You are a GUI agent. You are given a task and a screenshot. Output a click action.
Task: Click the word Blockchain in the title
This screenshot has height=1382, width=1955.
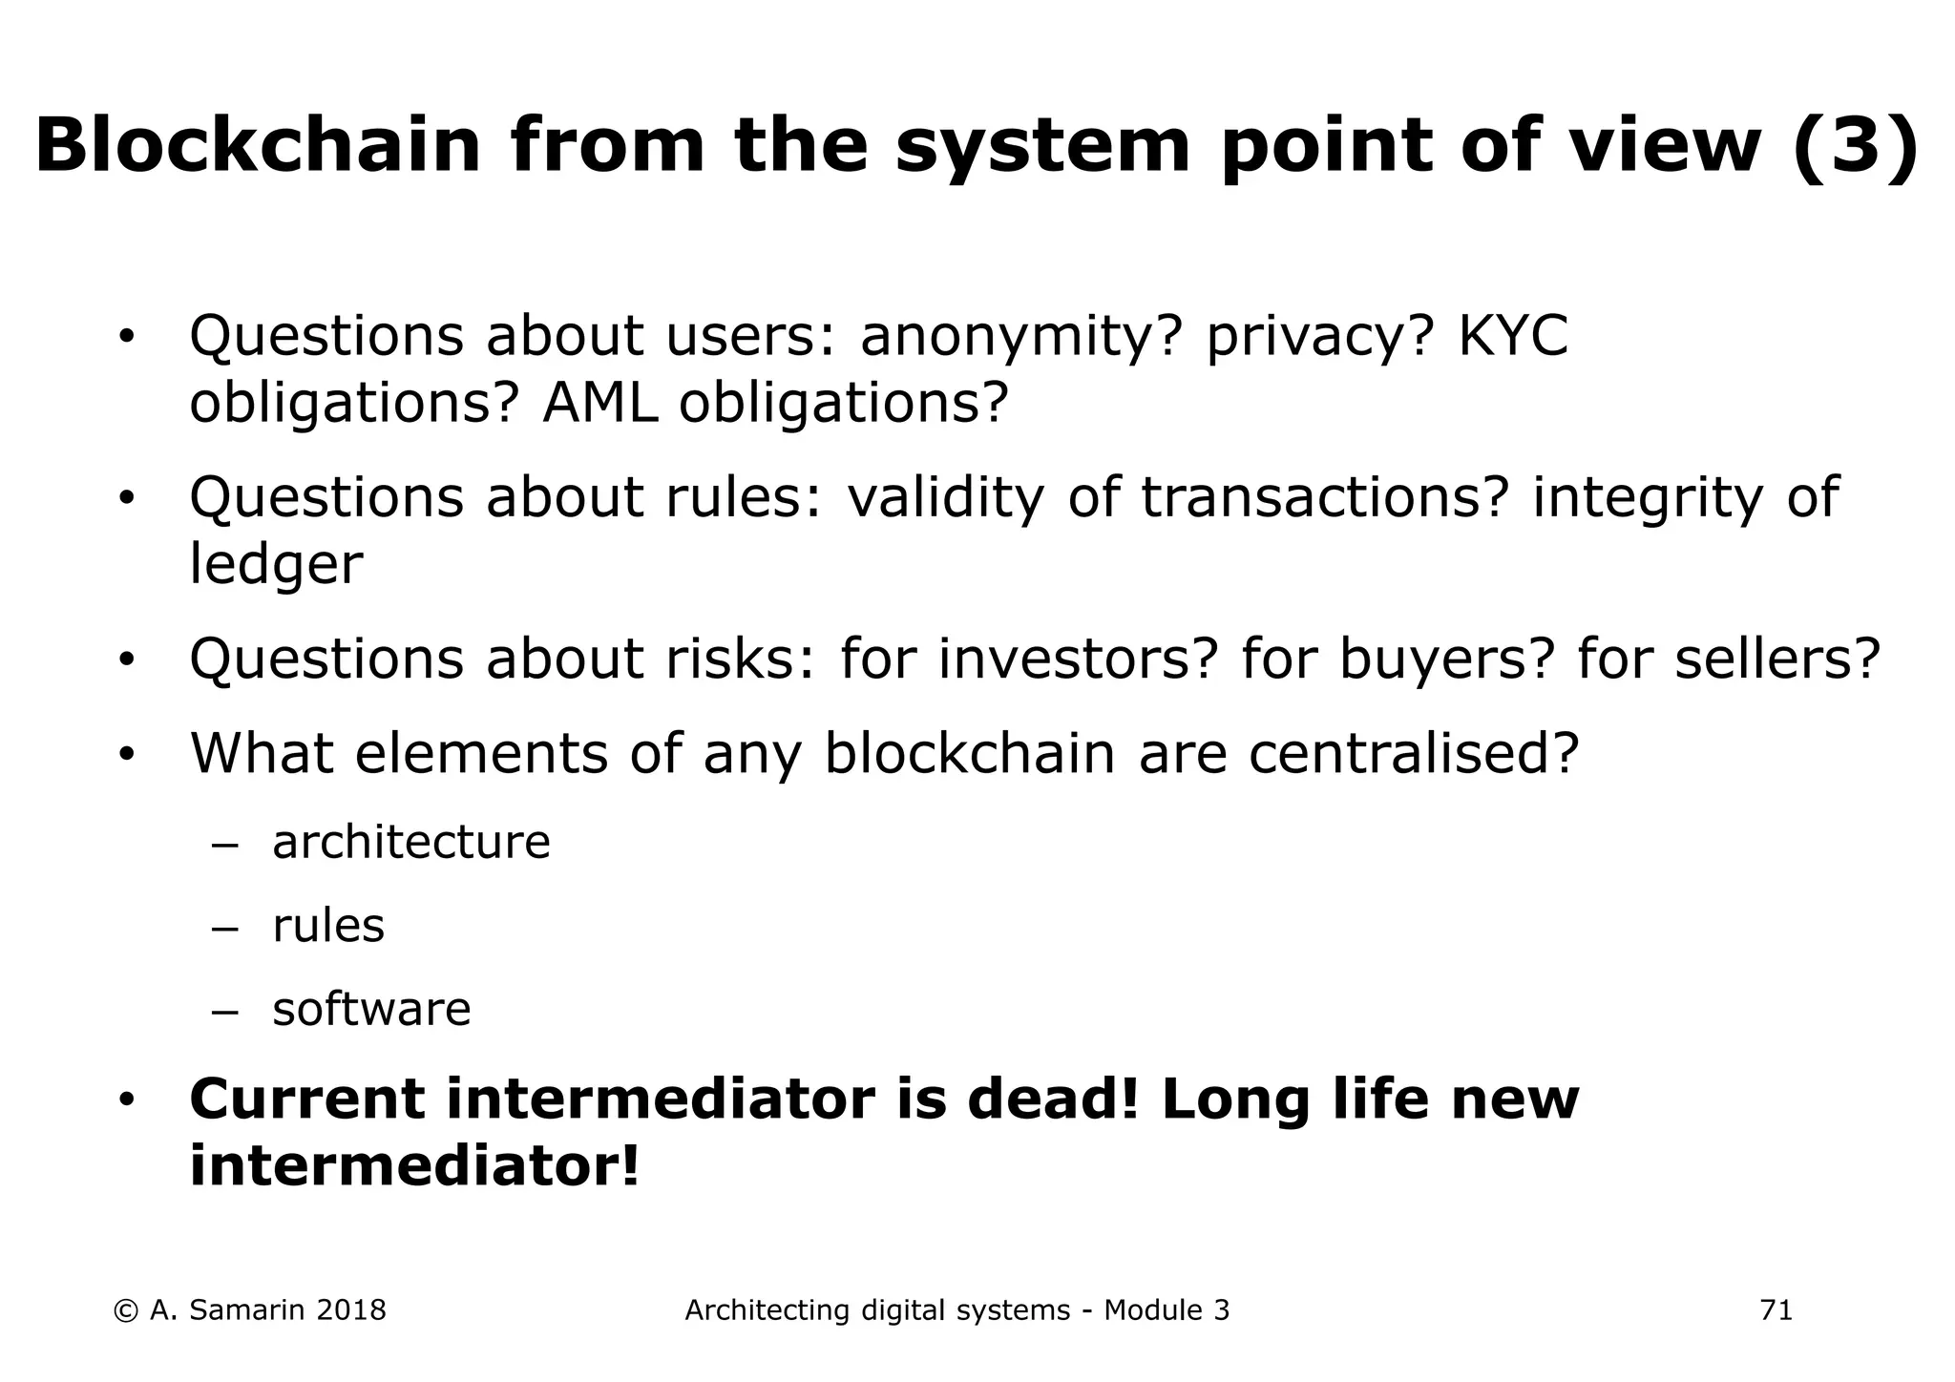pos(258,146)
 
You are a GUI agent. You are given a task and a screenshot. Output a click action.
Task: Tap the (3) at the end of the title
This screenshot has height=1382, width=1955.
pos(1856,146)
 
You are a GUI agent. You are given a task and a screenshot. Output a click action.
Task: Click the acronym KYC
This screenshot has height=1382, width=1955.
pos(1513,336)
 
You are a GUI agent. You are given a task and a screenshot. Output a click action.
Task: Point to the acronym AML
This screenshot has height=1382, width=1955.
pos(600,403)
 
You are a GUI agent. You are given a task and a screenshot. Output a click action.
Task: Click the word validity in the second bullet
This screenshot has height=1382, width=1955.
pos(945,498)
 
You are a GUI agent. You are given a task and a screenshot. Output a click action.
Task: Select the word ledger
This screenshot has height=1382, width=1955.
pos(276,565)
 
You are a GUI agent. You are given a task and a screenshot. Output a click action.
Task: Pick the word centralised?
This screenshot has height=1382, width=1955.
pos(1414,754)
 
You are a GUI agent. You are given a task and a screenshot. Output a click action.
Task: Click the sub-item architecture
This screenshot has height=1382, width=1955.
pos(411,843)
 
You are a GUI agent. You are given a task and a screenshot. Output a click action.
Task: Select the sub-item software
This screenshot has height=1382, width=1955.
pos(371,1010)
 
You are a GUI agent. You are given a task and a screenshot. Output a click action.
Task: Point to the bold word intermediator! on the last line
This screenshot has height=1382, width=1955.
pos(414,1166)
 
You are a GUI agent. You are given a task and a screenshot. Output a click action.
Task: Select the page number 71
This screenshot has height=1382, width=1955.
pos(1776,1311)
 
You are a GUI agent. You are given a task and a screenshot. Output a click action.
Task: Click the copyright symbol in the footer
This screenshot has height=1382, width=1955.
pos(125,1311)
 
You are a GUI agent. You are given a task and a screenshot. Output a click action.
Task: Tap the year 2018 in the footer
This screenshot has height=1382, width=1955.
pos(350,1311)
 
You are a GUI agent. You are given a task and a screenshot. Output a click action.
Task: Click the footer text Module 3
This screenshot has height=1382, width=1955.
pos(1167,1311)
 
